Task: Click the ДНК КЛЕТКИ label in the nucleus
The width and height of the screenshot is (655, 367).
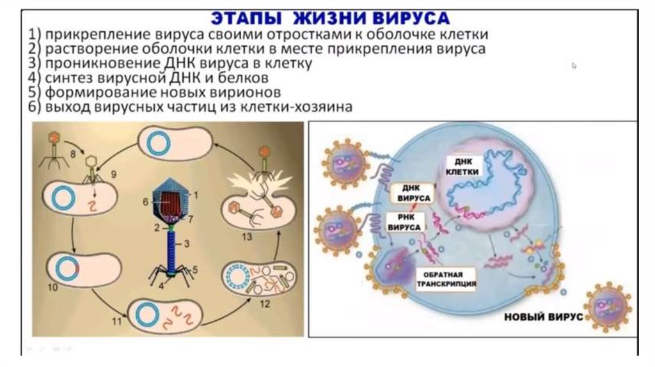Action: click(457, 168)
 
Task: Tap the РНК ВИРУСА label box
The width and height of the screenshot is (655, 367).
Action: click(404, 223)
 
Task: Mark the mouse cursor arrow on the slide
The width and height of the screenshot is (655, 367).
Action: click(574, 65)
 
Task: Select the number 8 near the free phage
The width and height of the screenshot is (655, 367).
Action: click(73, 154)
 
